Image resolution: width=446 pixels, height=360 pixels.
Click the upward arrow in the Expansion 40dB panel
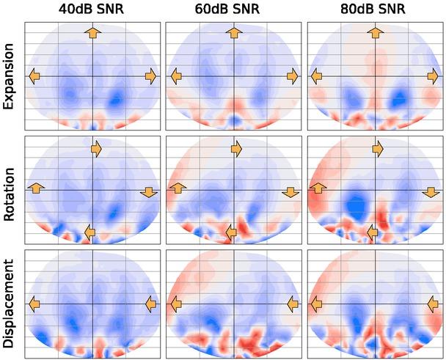(x=92, y=32)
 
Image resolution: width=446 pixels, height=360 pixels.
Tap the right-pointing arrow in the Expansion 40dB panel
(x=150, y=76)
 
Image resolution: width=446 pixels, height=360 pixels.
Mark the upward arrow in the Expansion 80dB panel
(x=376, y=32)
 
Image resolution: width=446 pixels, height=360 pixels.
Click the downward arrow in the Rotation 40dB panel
(x=148, y=192)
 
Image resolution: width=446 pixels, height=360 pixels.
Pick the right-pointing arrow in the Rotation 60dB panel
(x=236, y=149)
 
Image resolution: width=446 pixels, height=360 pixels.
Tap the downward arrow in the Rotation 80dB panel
(x=431, y=192)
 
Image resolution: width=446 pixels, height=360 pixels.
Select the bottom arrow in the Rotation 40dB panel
(x=90, y=232)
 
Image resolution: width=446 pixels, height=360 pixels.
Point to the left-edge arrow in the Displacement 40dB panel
(x=34, y=303)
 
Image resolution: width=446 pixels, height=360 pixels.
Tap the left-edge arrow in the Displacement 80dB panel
(x=317, y=303)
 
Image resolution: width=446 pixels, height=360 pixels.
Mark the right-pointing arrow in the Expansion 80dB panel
(x=433, y=76)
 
